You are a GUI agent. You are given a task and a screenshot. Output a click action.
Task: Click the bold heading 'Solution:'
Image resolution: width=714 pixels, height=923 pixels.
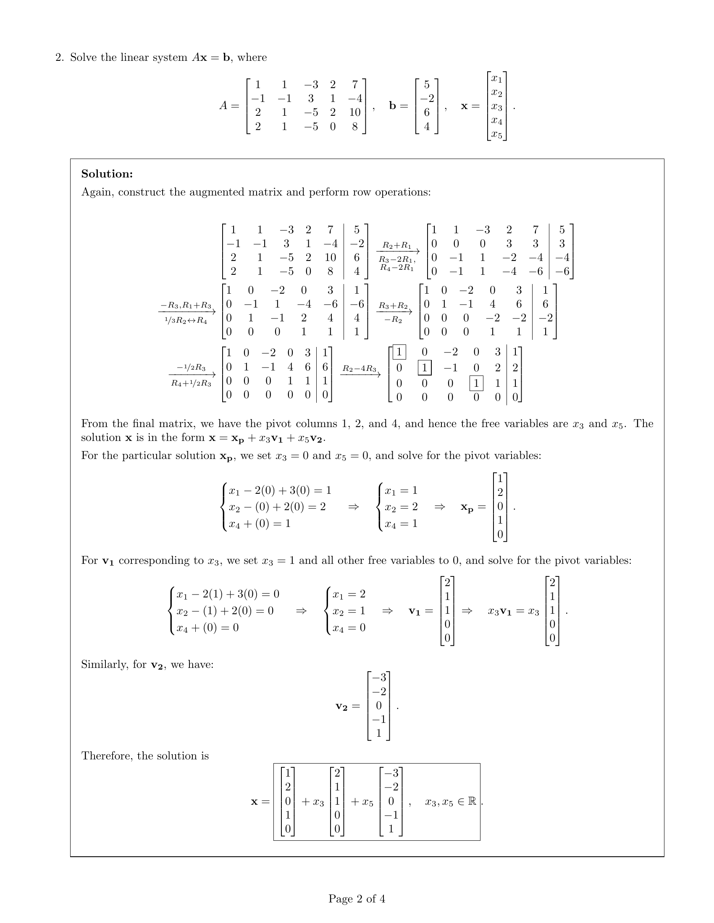(107, 174)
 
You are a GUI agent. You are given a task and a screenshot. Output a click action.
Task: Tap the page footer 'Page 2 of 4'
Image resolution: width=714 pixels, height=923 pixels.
(357, 899)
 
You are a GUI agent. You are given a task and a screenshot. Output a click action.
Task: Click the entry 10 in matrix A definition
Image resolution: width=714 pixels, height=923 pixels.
(354, 112)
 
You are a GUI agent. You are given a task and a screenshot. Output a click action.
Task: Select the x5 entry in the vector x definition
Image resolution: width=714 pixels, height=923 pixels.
(496, 135)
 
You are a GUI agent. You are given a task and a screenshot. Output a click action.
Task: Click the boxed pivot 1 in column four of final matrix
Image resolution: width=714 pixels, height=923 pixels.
(476, 383)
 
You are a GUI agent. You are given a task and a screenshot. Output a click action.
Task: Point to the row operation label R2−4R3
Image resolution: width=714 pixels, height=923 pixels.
(359, 368)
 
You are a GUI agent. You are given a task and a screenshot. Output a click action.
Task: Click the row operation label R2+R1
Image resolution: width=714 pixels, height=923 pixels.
(397, 245)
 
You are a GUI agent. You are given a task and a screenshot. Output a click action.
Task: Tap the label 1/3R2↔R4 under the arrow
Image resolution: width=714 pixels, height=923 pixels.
(186, 321)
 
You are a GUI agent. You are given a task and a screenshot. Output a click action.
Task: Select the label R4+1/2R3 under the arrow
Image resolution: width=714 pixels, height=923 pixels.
(191, 383)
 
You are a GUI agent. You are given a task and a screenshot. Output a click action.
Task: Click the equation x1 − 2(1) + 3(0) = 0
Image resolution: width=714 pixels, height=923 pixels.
(228, 594)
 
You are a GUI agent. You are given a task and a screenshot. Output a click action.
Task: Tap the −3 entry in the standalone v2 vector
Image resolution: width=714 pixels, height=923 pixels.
(379, 677)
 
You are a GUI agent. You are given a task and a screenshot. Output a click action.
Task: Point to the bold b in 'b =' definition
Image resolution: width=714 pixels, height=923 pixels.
(393, 106)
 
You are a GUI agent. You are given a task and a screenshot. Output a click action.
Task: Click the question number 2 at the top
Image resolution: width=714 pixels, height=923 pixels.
(59, 57)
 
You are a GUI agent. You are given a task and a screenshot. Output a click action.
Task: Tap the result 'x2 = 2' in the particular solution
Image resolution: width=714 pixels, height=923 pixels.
(401, 507)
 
